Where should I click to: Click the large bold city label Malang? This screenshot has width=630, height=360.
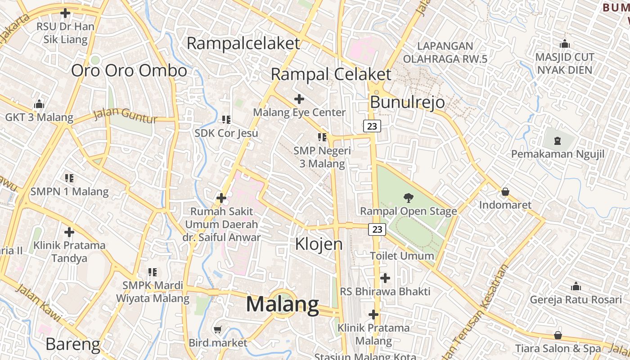[x=283, y=305]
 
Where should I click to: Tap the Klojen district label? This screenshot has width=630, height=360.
[x=319, y=244]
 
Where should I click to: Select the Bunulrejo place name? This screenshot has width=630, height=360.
[x=407, y=102]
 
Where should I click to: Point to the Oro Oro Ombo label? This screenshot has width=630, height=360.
[x=129, y=71]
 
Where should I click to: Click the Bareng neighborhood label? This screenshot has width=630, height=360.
[x=73, y=344]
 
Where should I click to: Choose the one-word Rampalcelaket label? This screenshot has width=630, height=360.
[x=243, y=44]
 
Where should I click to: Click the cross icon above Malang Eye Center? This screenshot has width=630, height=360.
[x=299, y=99]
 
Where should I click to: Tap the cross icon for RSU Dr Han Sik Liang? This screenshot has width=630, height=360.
[x=65, y=13]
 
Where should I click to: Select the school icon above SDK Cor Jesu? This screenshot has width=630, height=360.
[x=226, y=120]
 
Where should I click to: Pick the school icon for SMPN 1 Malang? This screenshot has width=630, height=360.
[x=69, y=178]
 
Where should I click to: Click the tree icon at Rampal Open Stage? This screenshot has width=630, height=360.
[x=409, y=197]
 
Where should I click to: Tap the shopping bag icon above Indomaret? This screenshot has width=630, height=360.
[x=505, y=192]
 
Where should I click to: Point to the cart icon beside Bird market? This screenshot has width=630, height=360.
[x=218, y=330]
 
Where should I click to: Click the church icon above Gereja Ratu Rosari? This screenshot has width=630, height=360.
[x=576, y=287]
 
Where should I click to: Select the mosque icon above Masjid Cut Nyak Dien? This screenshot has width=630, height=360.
[x=565, y=44]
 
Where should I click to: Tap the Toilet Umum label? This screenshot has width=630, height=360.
[x=402, y=256]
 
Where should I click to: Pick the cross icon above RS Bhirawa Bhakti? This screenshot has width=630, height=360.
[x=385, y=278]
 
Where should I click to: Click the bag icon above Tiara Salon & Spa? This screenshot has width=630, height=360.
[x=558, y=335]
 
